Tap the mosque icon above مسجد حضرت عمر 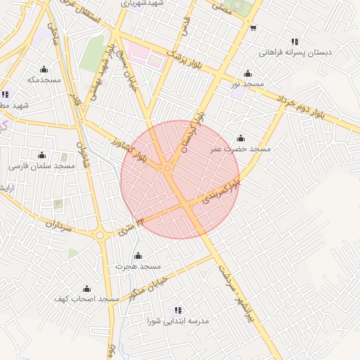[x=240, y=138]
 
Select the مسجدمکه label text [x=44, y=79]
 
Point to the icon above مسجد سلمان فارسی [x=41, y=155]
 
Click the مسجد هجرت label [x=140, y=266]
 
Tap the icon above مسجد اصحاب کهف [x=86, y=288]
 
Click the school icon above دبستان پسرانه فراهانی [x=294, y=41]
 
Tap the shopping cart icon [x=252, y=28]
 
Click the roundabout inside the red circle [x=167, y=168]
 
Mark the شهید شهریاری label [x=141, y=4]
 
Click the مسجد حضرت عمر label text [x=240, y=149]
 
